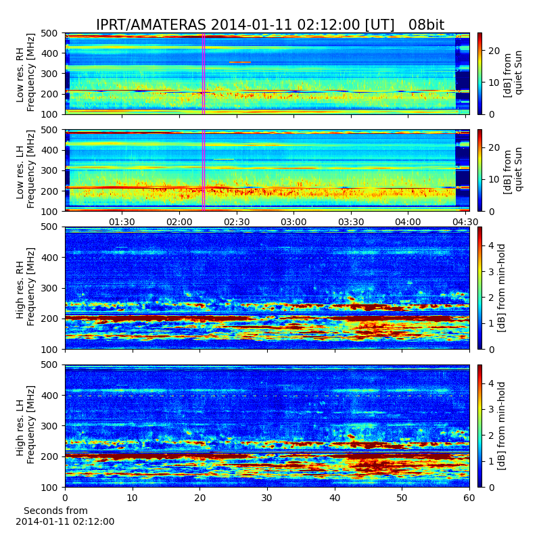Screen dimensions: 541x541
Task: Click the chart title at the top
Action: pyautogui.click(x=270, y=25)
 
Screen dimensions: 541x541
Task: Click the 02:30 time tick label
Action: pyautogui.click(x=237, y=222)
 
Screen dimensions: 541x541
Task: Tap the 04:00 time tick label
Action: pyautogui.click(x=408, y=222)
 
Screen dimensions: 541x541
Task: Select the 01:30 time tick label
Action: pyautogui.click(x=122, y=222)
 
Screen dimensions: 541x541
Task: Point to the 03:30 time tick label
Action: pyautogui.click(x=351, y=222)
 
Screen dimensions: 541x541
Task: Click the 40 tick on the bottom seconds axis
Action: pyautogui.click(x=335, y=498)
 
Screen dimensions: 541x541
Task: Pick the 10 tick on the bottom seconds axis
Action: pyautogui.click(x=133, y=498)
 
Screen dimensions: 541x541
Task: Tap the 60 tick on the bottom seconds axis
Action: pyautogui.click(x=469, y=498)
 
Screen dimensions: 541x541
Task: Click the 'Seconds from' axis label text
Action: pyautogui.click(x=55, y=511)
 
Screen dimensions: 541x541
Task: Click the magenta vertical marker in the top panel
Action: pyautogui.click(x=204, y=74)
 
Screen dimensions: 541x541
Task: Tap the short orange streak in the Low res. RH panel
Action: pyautogui.click(x=240, y=62)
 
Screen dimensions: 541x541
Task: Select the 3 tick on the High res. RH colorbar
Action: pyautogui.click(x=492, y=272)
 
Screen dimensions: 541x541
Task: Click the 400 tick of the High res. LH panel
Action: pyautogui.click(x=49, y=396)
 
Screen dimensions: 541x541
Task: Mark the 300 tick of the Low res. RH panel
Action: pyautogui.click(x=49, y=74)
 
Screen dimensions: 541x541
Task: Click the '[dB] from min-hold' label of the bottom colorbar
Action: pyautogui.click(x=501, y=426)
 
